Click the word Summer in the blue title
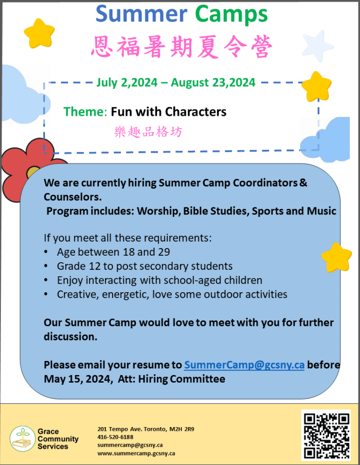coord(141,14)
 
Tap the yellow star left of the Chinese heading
coord(39,33)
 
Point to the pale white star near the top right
coord(317,46)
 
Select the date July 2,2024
coord(127,82)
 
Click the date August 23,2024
coord(213,82)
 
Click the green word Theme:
coord(85,112)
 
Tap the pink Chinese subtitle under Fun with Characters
coord(148,132)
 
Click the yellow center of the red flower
coord(32,172)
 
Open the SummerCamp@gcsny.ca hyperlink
coord(244,365)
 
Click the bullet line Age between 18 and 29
coord(113,252)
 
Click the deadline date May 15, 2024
coord(77,379)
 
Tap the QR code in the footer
coord(326,435)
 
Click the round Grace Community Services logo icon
coord(22,439)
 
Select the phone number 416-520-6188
coord(115,437)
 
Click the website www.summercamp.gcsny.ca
coord(136,453)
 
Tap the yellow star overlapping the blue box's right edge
coord(337,257)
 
